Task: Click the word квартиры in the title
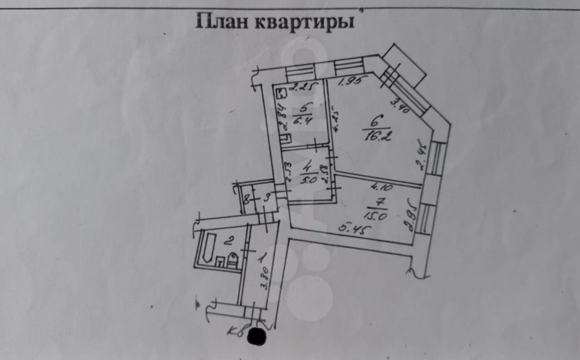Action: [x=303, y=22]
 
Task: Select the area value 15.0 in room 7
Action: [x=376, y=216]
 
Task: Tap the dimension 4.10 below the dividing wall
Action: [x=382, y=186]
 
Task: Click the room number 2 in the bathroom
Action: [x=228, y=239]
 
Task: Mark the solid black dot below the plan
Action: [x=257, y=337]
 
